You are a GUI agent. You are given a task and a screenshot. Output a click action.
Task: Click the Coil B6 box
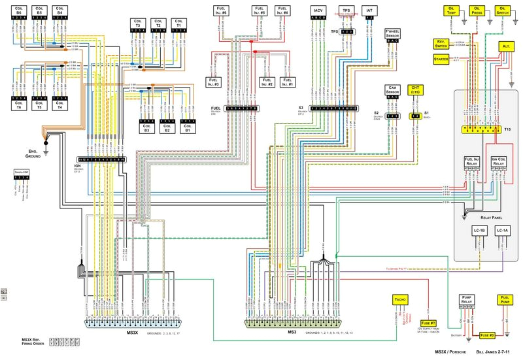[18, 10]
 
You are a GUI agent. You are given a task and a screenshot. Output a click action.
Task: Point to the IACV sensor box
[319, 11]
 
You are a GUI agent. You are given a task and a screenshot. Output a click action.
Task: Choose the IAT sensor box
[369, 11]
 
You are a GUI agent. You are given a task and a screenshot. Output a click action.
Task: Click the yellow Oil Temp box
[452, 10]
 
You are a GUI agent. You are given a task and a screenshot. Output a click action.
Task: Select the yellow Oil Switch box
[503, 10]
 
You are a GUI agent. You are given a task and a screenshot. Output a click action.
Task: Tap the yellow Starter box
[440, 59]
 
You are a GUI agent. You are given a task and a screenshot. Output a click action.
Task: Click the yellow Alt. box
[506, 47]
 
